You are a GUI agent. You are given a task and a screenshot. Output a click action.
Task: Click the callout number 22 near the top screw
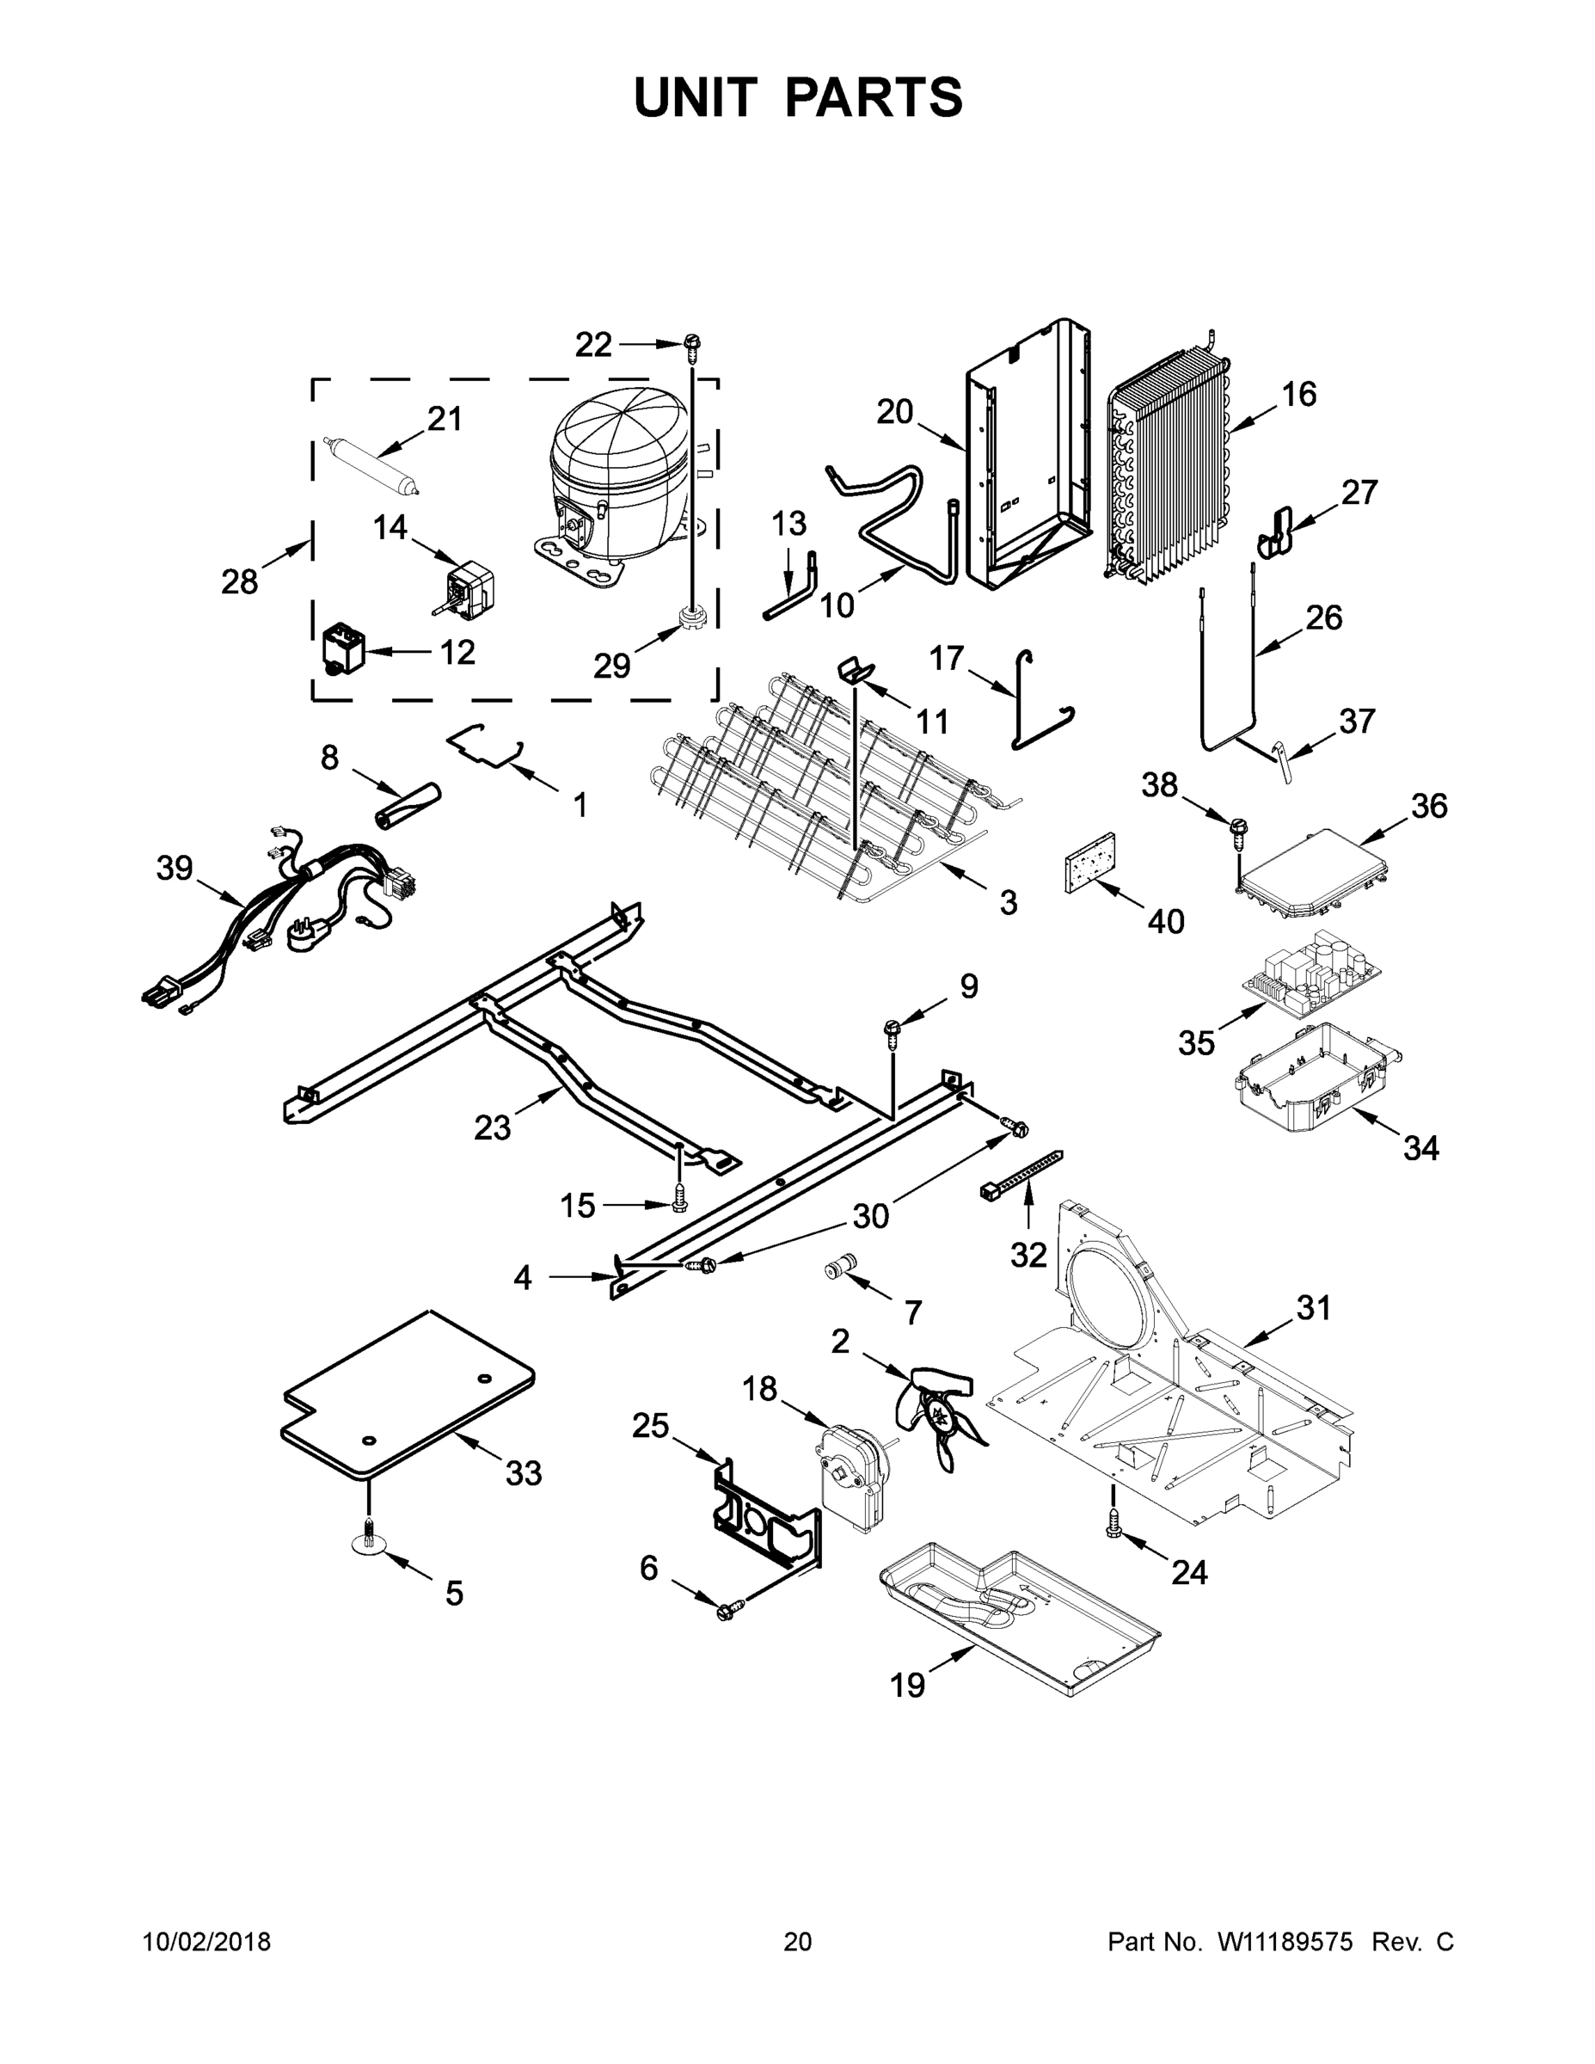click(x=593, y=345)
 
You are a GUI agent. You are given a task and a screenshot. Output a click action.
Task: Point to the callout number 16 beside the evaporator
click(x=1299, y=394)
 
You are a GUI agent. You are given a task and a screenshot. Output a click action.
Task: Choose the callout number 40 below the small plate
click(x=1165, y=920)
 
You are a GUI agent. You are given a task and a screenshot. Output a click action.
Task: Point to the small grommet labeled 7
click(x=839, y=1264)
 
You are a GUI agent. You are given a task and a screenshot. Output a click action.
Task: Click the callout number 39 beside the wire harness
click(x=174, y=868)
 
